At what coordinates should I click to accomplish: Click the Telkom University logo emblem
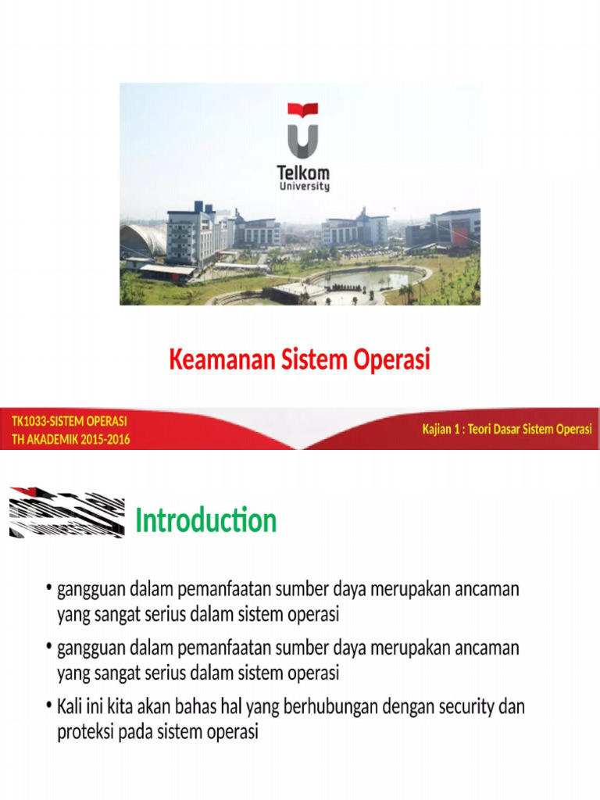[x=303, y=130]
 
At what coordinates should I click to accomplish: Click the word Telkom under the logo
[x=305, y=172]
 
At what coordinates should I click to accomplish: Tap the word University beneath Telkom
[x=305, y=187]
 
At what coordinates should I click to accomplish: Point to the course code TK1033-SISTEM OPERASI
[x=69, y=422]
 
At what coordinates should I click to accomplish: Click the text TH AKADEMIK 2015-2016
[x=70, y=439]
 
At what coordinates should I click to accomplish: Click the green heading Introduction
[x=205, y=520]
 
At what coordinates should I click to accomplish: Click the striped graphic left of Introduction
[x=66, y=512]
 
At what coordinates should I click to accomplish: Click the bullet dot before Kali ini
[x=48, y=707]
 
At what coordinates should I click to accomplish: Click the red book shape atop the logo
[x=303, y=110]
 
